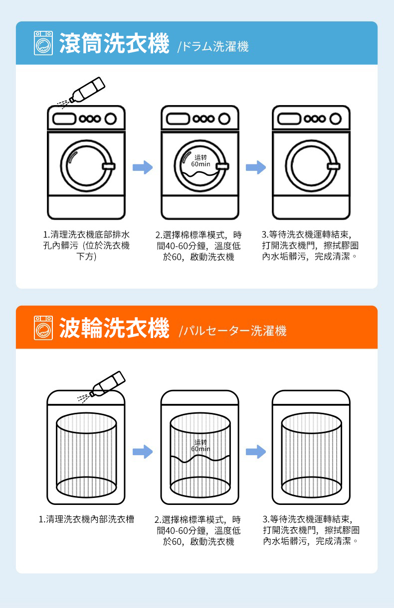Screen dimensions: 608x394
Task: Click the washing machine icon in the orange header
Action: click(43, 327)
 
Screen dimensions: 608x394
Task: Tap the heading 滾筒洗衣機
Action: click(114, 43)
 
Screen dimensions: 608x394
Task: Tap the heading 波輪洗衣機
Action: click(114, 328)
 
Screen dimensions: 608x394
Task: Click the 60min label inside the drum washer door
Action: click(200, 164)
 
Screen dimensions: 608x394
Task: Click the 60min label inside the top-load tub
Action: click(200, 449)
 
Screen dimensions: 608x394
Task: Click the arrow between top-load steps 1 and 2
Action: click(143, 452)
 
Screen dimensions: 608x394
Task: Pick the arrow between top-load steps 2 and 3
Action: click(256, 452)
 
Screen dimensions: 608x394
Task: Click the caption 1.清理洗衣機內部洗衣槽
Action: click(86, 519)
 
